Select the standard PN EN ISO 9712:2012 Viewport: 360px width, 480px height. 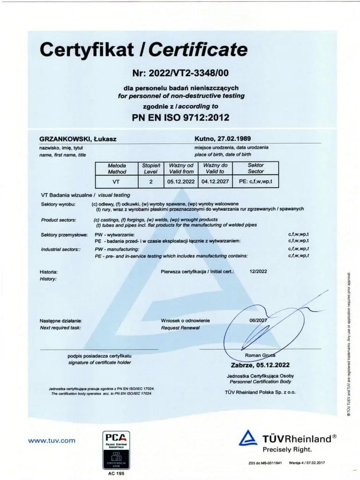click(x=180, y=117)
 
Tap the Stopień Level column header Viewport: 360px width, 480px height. click(x=151, y=168)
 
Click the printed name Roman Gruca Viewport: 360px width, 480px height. click(x=260, y=356)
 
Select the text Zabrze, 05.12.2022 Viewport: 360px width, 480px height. click(x=260, y=365)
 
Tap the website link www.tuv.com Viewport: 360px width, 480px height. click(x=52, y=440)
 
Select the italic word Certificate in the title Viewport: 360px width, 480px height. click(x=198, y=49)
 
